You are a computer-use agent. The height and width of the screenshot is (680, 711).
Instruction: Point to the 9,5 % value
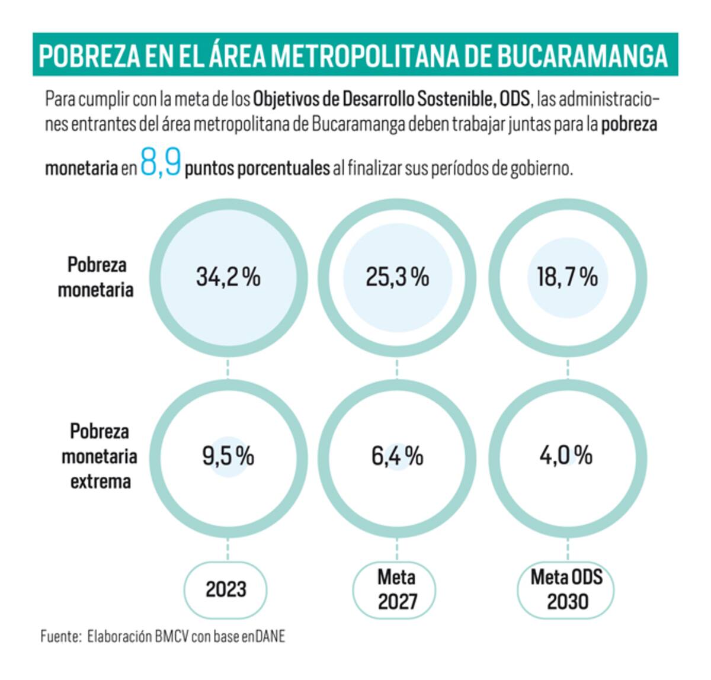click(x=228, y=456)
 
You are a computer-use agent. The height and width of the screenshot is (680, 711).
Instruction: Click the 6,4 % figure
click(x=397, y=456)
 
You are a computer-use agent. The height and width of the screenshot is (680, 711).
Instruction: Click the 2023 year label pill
click(x=225, y=590)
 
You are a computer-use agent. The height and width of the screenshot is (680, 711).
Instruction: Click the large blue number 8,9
click(x=161, y=162)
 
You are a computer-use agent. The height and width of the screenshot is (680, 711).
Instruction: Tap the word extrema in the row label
click(x=101, y=482)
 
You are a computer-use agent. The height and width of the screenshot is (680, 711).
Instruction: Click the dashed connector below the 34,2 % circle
click(x=228, y=369)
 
